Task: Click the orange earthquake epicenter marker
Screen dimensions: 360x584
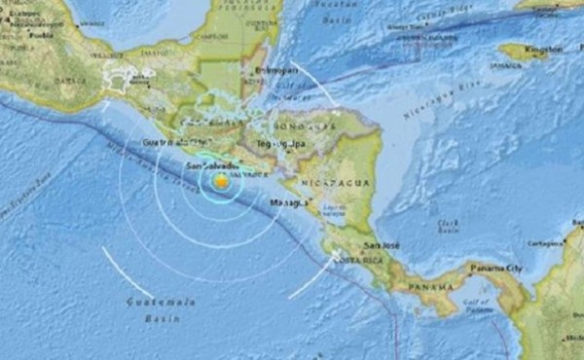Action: [x=223, y=182]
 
